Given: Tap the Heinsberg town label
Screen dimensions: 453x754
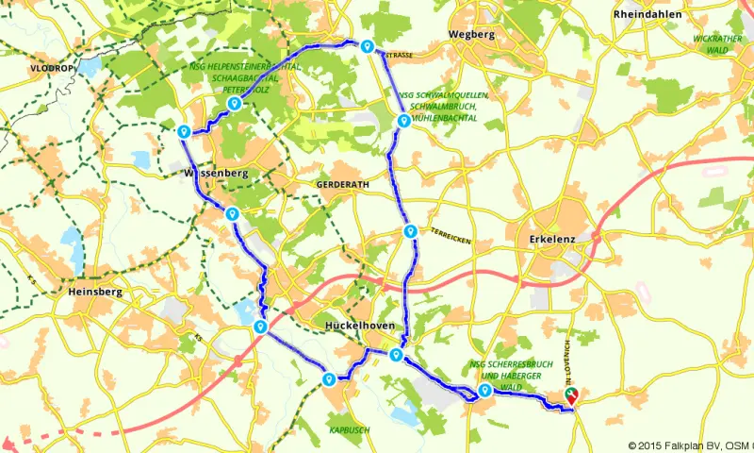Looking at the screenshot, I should click(x=96, y=293).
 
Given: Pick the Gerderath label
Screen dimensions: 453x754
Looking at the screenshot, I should click(x=339, y=183).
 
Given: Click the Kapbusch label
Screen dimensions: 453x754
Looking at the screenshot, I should click(x=350, y=429).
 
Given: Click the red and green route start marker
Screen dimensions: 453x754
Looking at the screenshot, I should click(x=570, y=396).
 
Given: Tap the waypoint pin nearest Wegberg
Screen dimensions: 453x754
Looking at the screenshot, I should click(x=367, y=46).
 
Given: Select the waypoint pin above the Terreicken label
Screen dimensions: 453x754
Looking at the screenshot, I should click(x=410, y=231).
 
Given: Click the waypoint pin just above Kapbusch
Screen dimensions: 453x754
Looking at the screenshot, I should click(x=329, y=379).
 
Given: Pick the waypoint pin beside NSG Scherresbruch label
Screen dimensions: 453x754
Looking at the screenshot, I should click(x=484, y=390).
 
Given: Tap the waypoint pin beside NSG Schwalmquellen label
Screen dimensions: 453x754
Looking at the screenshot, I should click(x=403, y=120).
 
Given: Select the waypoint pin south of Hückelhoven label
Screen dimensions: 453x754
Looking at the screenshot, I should click(x=396, y=355).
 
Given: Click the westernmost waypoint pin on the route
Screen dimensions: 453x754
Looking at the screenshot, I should click(x=184, y=131).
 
